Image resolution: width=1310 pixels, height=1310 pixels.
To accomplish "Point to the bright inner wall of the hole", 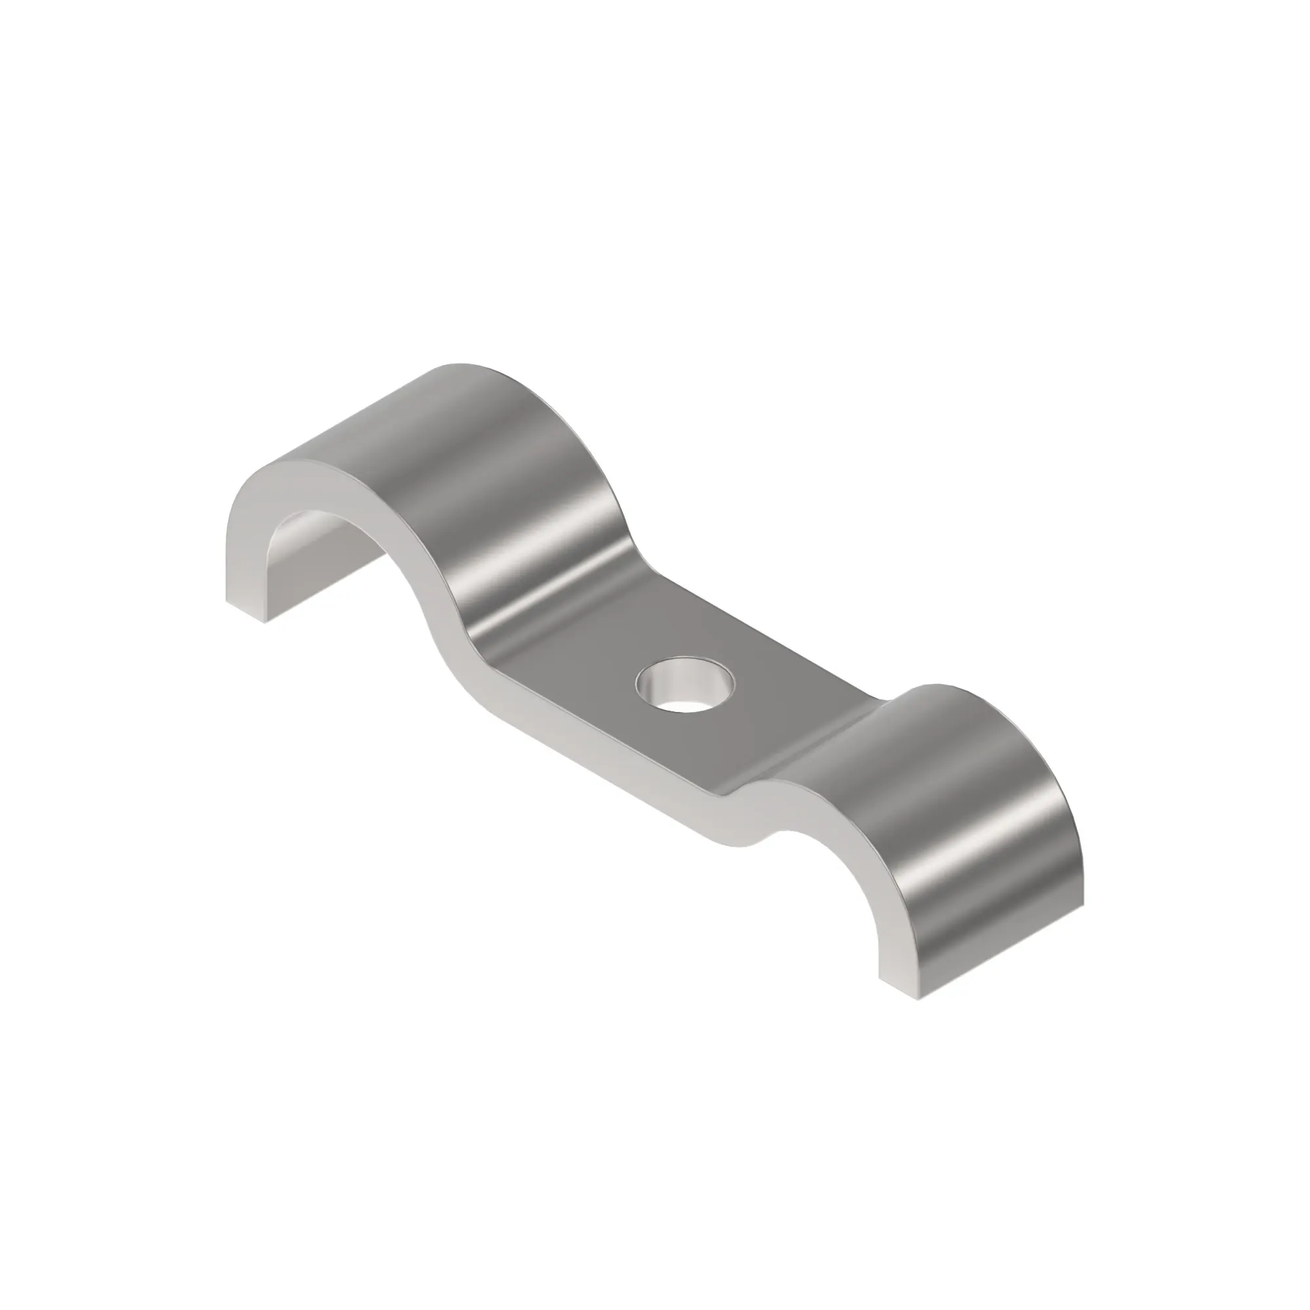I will point(661,678).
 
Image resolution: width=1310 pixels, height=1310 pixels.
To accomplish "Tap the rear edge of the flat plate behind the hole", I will point(779,651).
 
